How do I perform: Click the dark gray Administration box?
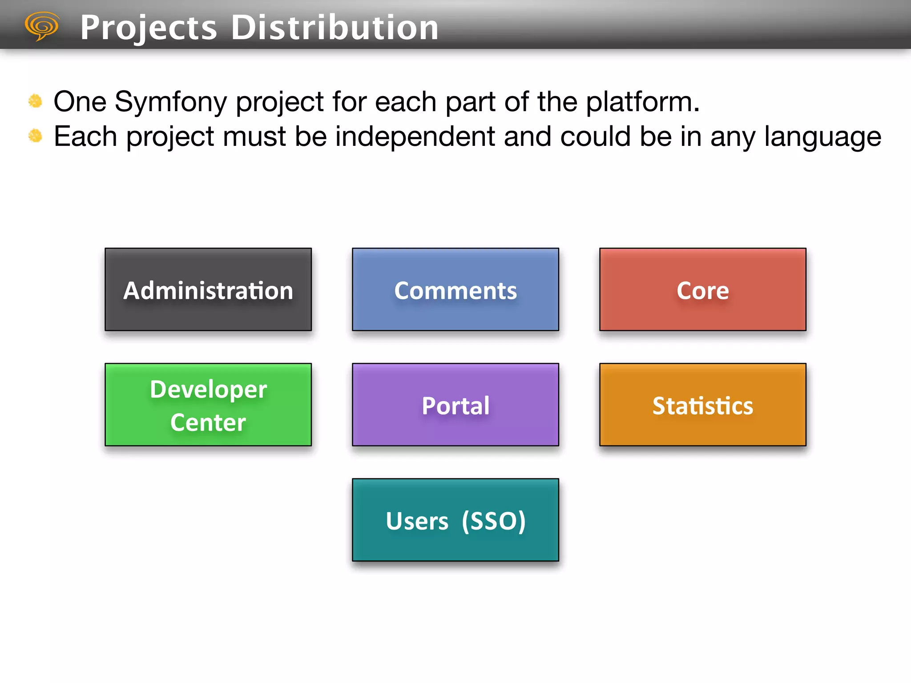tap(208, 289)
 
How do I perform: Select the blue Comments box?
tap(455, 289)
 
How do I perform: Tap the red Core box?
tap(703, 289)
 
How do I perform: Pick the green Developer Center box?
tap(208, 405)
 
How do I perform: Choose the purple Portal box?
tap(455, 405)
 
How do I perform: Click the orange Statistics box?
tap(703, 405)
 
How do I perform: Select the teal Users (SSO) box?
tap(455, 520)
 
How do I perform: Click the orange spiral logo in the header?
tap(42, 26)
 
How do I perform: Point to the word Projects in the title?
tap(149, 28)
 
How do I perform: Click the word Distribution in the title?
tap(335, 28)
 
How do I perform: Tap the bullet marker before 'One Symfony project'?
tap(35, 101)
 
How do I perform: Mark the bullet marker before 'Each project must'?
tap(35, 136)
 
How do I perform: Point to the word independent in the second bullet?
tap(415, 136)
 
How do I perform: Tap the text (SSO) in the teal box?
tap(494, 521)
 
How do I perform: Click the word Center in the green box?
tap(208, 422)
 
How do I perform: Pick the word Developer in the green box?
tap(208, 390)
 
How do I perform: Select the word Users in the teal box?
tap(417, 521)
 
